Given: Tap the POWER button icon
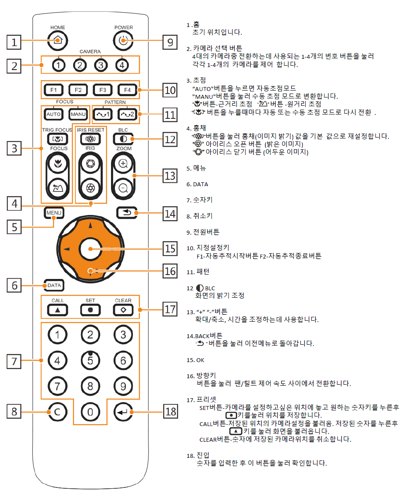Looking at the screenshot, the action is tap(123, 40).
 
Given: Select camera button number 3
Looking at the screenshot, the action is tap(101, 65).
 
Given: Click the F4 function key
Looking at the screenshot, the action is tap(127, 90).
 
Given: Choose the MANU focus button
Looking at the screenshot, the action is tap(78, 114).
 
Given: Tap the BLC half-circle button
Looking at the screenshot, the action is tap(123, 139).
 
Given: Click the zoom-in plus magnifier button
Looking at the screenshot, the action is tap(123, 164).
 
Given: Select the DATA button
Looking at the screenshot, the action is tap(54, 285).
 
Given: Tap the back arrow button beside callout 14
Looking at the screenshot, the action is tap(127, 213).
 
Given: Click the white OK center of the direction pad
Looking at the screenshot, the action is tap(91, 249).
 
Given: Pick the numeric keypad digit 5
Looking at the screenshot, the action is tap(91, 360).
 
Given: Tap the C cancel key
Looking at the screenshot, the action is tap(57, 412).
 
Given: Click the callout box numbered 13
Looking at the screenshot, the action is tap(170, 175).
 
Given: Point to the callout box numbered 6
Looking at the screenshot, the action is tap(14, 285).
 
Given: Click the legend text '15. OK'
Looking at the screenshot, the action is tap(195, 360).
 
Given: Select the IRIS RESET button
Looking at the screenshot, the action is tap(91, 139).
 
